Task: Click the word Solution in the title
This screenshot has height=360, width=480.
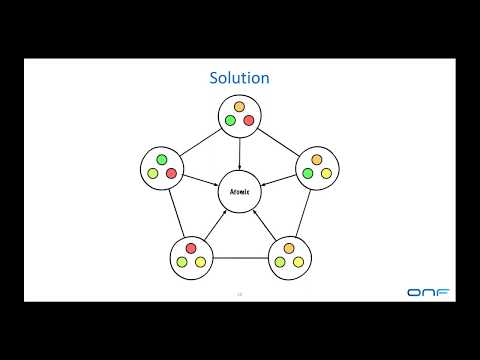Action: [239, 77]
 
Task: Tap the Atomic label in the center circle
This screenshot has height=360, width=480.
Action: [240, 191]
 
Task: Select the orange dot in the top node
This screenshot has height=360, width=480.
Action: [239, 107]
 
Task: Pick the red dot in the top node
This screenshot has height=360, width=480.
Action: [248, 121]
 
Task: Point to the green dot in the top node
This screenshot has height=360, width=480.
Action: [230, 121]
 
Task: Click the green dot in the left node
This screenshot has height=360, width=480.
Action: [162, 159]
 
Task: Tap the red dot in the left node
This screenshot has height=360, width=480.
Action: [171, 174]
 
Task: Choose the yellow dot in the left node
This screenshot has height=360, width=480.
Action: [153, 174]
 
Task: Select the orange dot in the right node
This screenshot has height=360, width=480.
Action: [317, 159]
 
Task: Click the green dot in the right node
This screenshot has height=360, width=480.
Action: [308, 174]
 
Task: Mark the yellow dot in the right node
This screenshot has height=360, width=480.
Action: [326, 174]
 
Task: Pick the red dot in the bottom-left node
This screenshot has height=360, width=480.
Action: [191, 248]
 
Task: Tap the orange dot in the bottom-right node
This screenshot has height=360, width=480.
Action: [289, 248]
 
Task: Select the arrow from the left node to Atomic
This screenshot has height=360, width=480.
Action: [199, 179]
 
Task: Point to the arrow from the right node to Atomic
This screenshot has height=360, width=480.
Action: [281, 179]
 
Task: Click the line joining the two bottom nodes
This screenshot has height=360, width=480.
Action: [240, 258]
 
